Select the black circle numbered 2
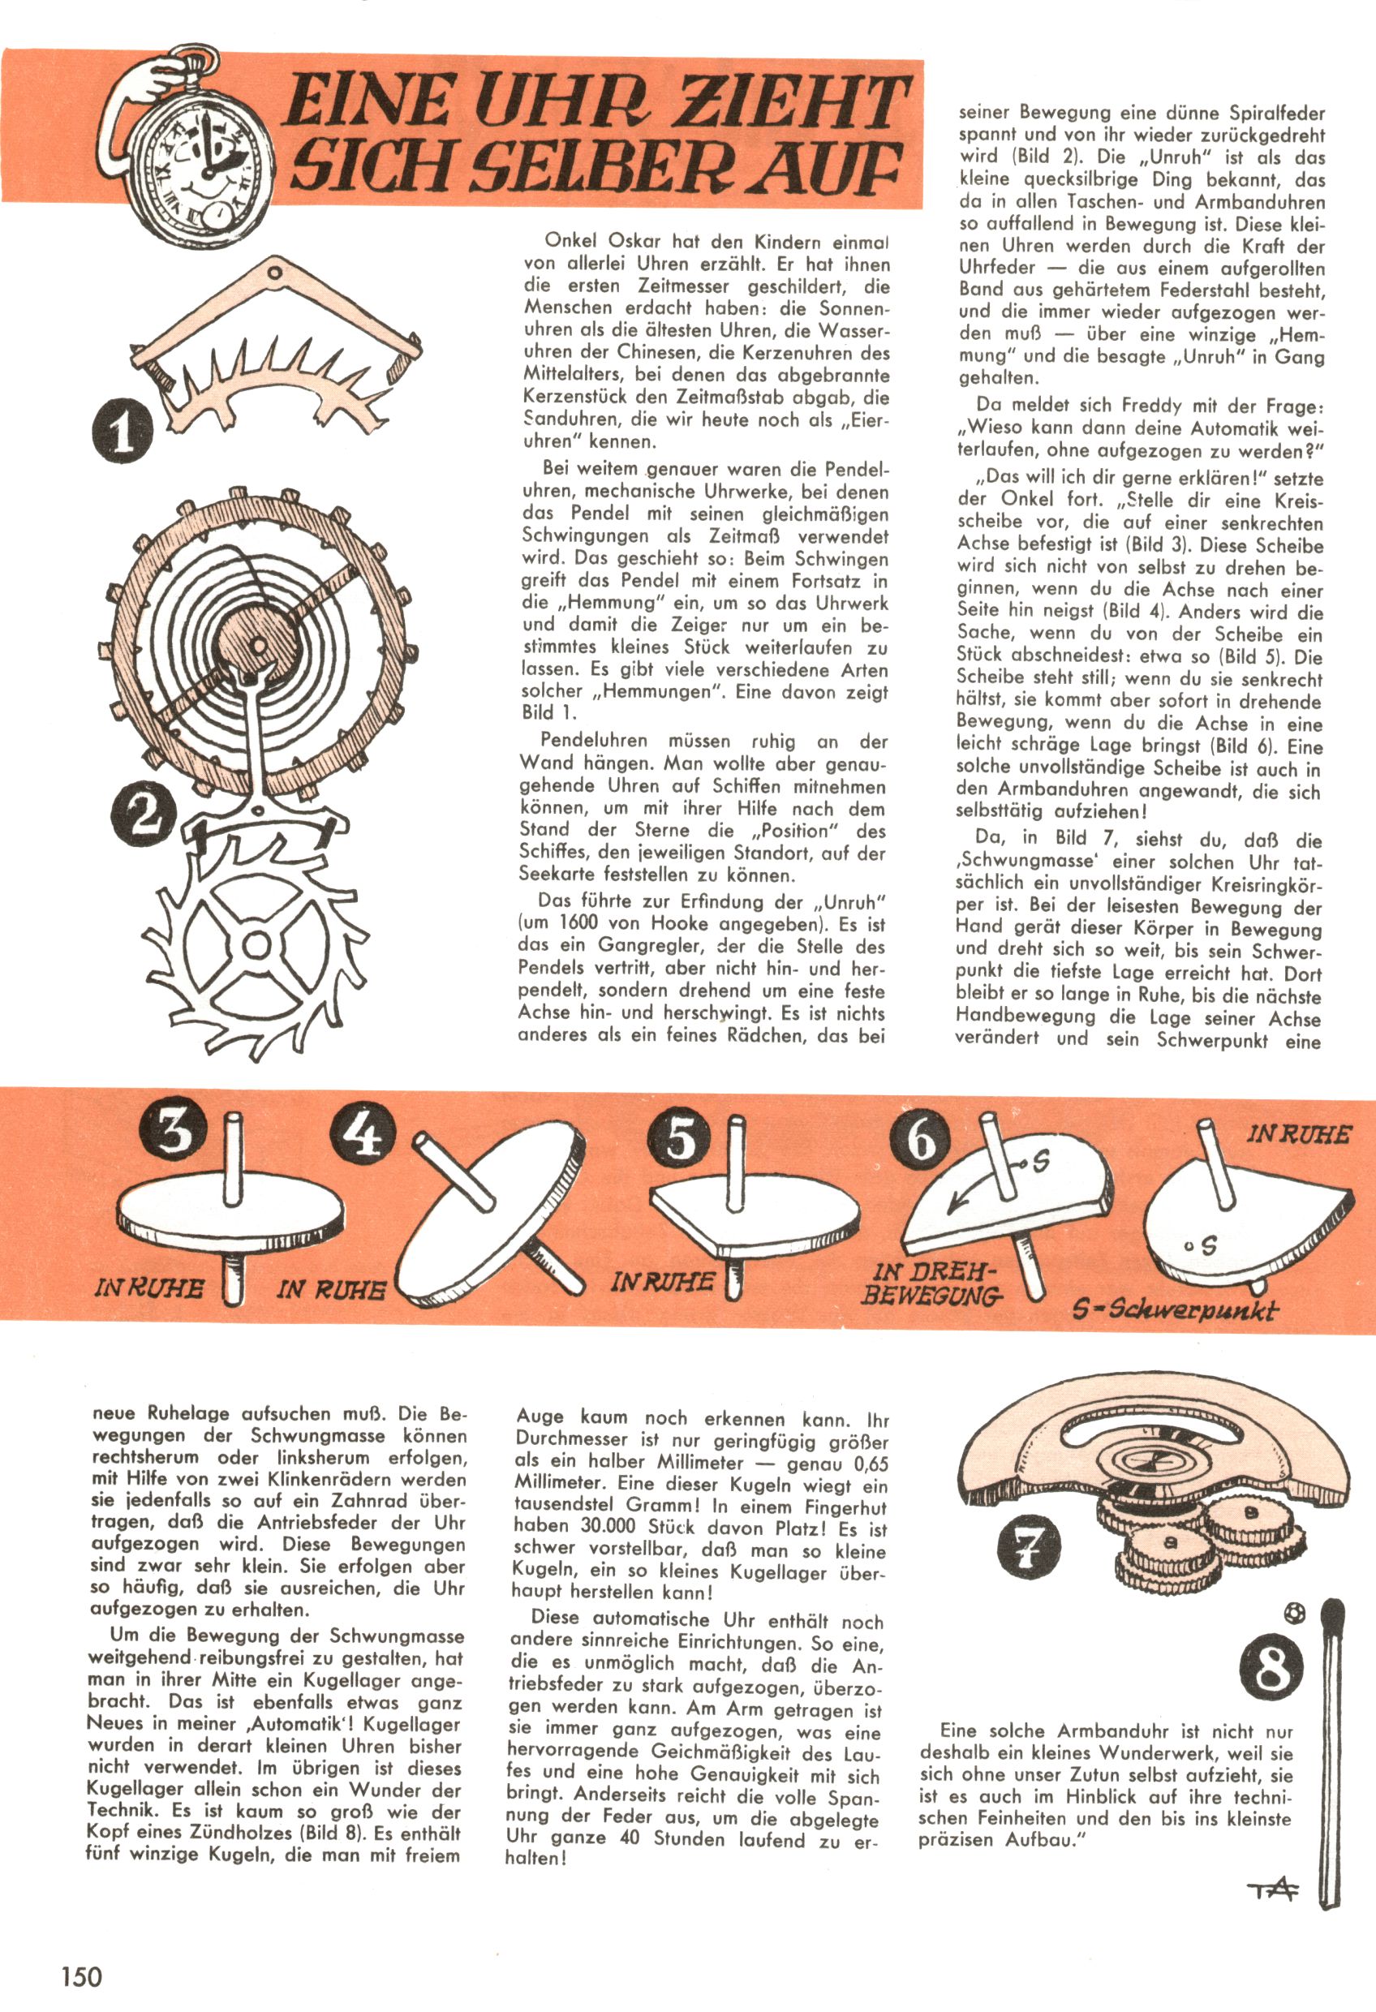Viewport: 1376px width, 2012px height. coord(143,815)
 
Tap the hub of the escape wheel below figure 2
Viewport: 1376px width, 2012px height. coord(256,944)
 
